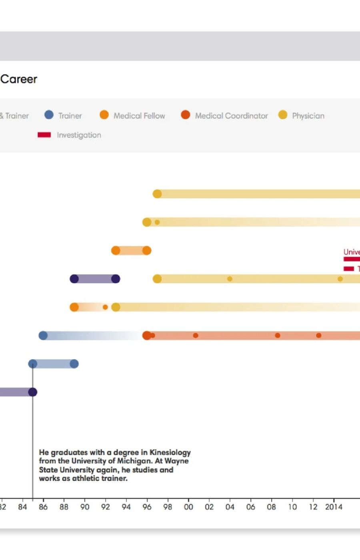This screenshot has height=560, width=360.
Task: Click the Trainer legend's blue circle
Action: pos(49,115)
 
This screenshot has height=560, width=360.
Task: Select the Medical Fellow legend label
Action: pos(139,116)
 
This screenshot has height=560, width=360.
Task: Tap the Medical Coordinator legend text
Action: pos(231,116)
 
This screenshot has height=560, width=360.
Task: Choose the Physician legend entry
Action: pos(308,116)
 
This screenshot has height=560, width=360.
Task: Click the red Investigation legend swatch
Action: pos(44,135)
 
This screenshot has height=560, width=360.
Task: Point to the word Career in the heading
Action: pos(19,79)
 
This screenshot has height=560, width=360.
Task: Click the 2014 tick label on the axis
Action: pos(333,507)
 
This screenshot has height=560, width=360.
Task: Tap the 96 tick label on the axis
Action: pos(147,507)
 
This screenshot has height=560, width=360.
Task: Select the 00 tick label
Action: pos(188,507)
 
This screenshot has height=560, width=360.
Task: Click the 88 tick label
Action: pos(64,507)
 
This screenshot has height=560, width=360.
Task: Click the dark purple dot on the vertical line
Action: pos(33,392)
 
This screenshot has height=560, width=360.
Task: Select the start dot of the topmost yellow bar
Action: pos(157,194)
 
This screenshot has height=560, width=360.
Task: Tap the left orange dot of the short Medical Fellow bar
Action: pos(116,250)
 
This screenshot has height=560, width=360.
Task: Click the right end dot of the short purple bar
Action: pos(116,279)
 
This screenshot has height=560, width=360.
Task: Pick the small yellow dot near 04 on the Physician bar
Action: pos(230,279)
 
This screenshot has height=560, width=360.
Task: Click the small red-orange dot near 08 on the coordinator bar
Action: pos(277,335)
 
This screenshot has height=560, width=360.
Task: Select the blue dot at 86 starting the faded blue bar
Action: pos(43,335)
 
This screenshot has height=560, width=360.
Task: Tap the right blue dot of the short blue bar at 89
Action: pos(74,364)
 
